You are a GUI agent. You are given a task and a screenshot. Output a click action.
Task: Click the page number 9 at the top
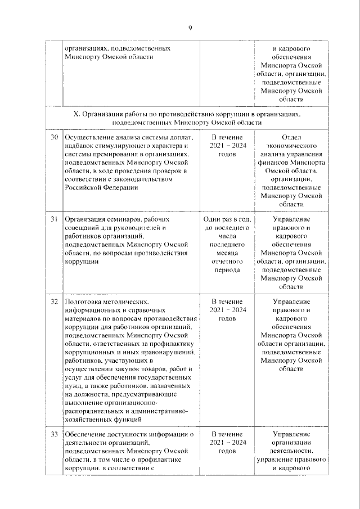pyautogui.click(x=191, y=28)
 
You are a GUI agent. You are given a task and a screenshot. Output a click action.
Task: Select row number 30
pyautogui.click(x=55, y=137)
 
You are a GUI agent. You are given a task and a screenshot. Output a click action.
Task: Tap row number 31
pyautogui.click(x=55, y=219)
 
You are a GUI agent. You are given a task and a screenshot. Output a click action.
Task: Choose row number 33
pyautogui.click(x=55, y=434)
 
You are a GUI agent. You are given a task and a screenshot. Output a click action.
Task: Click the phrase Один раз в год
pyautogui.click(x=225, y=219)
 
